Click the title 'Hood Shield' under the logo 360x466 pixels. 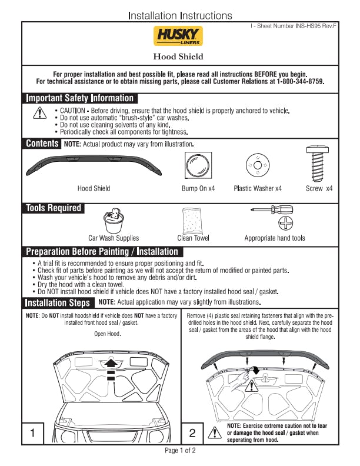(x=178, y=56)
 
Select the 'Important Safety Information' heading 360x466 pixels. (x=80, y=98)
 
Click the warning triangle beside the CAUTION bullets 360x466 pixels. (x=39, y=113)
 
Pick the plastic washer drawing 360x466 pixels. (x=257, y=165)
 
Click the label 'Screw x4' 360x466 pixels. (x=319, y=189)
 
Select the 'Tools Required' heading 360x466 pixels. (x=54, y=208)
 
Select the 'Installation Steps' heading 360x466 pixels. (x=58, y=302)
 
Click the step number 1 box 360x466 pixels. (x=33, y=433)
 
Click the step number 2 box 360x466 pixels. (x=192, y=433)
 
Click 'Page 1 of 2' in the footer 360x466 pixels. (x=180, y=451)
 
